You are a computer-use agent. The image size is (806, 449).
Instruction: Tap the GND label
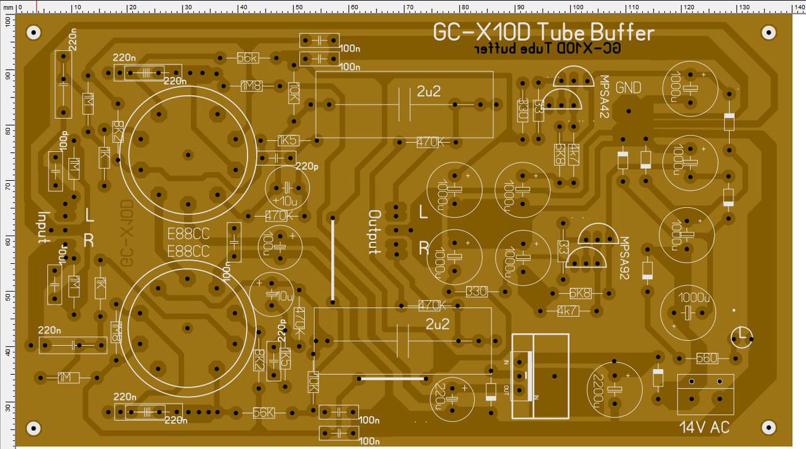[628, 88]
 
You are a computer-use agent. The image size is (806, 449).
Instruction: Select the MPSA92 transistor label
[624, 258]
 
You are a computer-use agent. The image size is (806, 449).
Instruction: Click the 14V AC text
[705, 427]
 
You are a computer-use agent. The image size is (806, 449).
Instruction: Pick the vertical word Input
[43, 227]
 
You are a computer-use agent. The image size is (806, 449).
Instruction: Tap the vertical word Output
[374, 232]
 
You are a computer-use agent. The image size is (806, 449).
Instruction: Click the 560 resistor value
[706, 358]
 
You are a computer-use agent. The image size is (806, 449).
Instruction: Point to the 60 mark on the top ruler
[354, 7]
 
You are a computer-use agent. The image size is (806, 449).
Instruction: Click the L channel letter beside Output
[424, 213]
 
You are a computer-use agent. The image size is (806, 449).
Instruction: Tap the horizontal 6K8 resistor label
[579, 293]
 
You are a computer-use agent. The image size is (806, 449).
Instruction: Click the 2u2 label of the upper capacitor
[429, 91]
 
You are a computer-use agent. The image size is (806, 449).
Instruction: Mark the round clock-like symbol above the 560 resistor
[742, 337]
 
